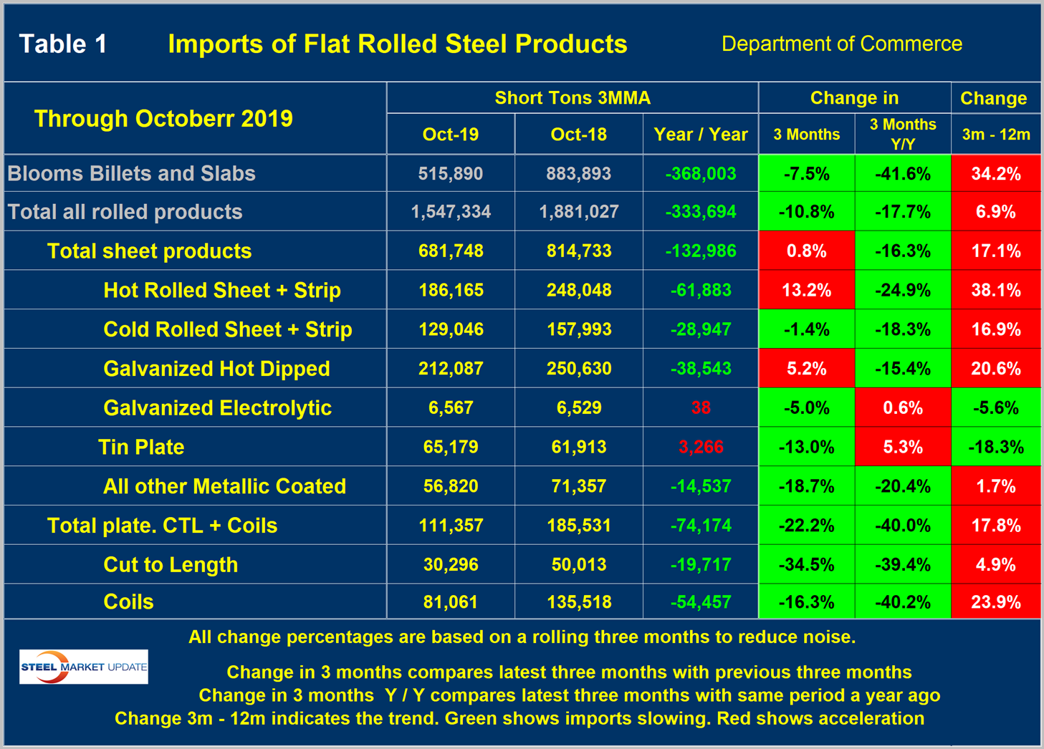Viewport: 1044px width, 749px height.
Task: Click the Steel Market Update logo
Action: click(84, 667)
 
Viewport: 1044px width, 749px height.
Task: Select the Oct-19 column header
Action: click(451, 135)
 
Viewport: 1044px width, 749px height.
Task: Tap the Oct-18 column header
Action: click(578, 135)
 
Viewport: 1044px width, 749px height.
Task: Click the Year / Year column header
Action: click(700, 135)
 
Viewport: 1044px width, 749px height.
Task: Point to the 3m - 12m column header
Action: click(995, 135)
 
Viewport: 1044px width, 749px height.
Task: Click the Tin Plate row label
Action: click(141, 447)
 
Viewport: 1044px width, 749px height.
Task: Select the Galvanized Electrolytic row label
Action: click(217, 408)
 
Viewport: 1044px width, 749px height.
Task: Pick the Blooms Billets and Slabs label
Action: click(131, 173)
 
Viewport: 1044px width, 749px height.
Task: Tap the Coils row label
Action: click(128, 601)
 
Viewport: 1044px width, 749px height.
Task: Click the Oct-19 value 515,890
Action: click(451, 173)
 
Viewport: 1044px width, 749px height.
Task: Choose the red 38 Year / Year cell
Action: click(700, 408)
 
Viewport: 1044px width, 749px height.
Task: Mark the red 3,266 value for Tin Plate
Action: click(700, 447)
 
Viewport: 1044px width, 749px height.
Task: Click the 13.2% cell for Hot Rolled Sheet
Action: click(806, 290)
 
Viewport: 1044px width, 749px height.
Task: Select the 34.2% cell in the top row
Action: click(995, 173)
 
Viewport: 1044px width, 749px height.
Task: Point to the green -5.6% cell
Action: click(995, 408)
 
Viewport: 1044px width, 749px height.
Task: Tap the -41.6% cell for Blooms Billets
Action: click(902, 173)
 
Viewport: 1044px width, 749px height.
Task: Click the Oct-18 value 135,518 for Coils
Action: click(578, 601)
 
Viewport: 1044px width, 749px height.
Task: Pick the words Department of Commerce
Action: click(841, 44)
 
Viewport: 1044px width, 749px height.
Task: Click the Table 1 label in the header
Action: click(63, 44)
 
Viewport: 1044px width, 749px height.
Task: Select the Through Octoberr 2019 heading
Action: click(163, 119)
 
